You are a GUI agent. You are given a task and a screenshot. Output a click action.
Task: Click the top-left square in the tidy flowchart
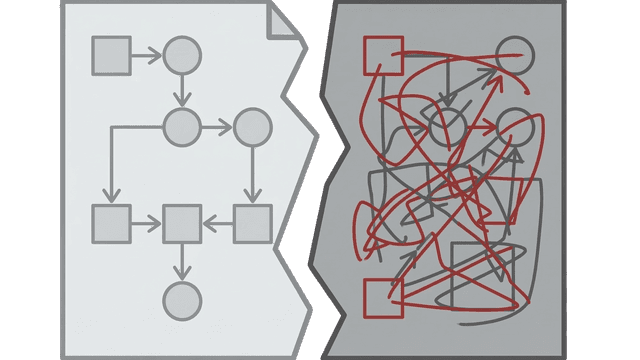point(111,55)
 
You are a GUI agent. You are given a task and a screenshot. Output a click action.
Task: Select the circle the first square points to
point(182,55)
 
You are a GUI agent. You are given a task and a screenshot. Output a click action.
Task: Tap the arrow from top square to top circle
point(145,55)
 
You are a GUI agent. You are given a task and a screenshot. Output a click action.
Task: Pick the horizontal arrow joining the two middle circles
point(217,126)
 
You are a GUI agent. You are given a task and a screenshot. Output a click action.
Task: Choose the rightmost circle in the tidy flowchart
point(252,126)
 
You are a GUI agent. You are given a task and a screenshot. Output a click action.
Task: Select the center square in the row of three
point(182,223)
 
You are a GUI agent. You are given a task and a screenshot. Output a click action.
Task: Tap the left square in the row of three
point(111,223)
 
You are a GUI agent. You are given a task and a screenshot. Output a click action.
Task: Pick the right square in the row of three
point(252,223)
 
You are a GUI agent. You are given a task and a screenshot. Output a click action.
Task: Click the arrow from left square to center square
point(146,223)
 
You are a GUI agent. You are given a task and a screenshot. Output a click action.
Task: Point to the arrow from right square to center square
point(217,223)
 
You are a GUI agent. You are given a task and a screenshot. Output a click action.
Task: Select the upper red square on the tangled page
point(383,55)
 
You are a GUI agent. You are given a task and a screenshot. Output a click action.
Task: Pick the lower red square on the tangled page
point(383,297)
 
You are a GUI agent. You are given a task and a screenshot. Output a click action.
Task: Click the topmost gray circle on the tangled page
point(515,55)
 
